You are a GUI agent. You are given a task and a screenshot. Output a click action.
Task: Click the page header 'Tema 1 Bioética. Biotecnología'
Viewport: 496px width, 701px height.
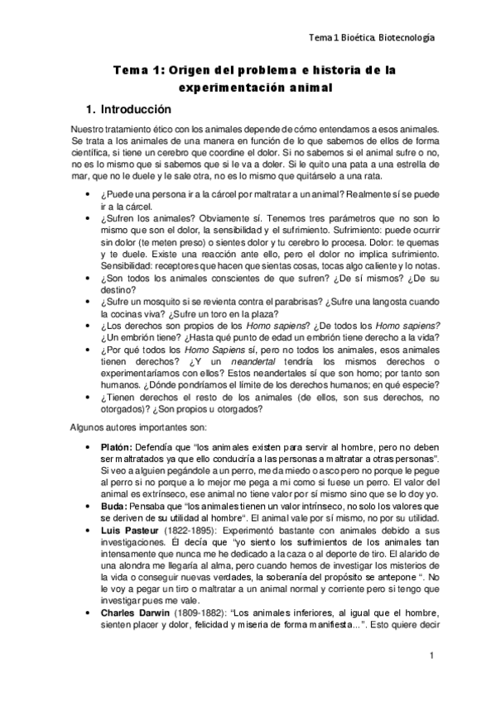[372, 37]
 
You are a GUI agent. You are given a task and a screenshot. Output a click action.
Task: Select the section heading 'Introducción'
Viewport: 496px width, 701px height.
[133, 109]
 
